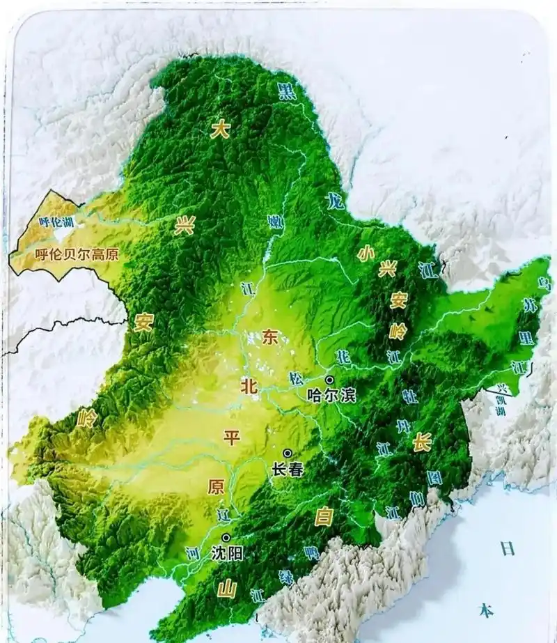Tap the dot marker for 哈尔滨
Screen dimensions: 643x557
tap(329, 380)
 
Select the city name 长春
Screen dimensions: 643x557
tap(288, 470)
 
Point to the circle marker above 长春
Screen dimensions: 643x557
tap(287, 453)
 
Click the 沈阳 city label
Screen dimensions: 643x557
tap(226, 554)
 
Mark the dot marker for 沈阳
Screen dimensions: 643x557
tap(226, 538)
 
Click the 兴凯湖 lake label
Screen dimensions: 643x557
tap(501, 401)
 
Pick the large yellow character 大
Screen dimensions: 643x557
tap(220, 128)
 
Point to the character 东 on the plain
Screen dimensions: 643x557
tap(270, 337)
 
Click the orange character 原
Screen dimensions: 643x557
tap(215, 487)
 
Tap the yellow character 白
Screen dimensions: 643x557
tap(324, 516)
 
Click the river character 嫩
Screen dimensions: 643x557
tap(276, 222)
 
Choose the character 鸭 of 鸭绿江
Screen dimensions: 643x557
tap(311, 552)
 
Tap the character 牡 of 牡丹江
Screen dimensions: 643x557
tap(410, 396)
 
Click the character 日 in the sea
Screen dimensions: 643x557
tap(507, 548)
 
